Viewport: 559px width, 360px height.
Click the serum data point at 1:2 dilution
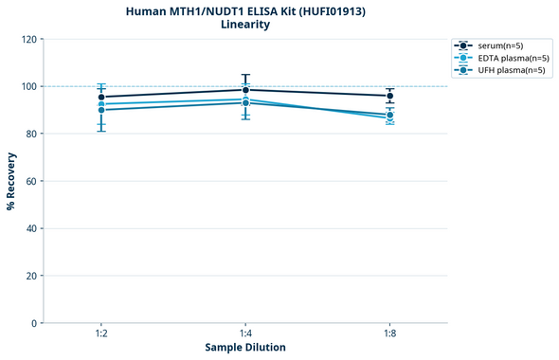[101, 97]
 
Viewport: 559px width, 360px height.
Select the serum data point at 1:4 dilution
[245, 90]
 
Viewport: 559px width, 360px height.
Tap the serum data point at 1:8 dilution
[389, 96]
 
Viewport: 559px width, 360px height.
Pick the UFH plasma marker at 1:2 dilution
[101, 110]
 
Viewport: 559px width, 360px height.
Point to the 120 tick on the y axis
[28, 40]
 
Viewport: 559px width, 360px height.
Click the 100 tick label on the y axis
[28, 87]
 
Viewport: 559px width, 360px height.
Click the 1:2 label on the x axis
[101, 334]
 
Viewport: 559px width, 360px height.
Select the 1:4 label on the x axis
[245, 334]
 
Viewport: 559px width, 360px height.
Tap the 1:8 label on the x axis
[389, 334]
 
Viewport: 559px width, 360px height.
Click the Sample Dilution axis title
[245, 348]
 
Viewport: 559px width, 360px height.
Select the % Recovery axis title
[11, 181]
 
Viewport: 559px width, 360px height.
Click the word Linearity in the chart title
[245, 25]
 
